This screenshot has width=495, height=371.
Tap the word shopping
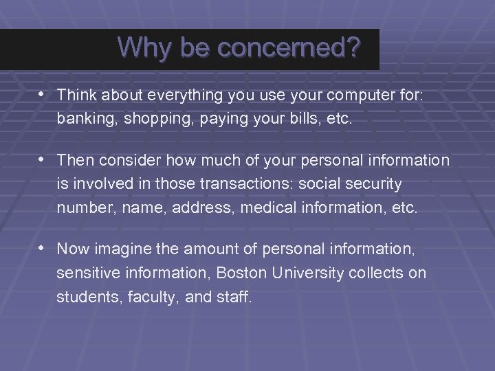click(x=148, y=119)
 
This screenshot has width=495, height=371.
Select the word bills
click(x=307, y=119)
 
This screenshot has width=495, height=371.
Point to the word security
click(x=374, y=184)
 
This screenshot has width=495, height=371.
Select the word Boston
click(x=239, y=273)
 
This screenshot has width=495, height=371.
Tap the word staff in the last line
click(x=234, y=297)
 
